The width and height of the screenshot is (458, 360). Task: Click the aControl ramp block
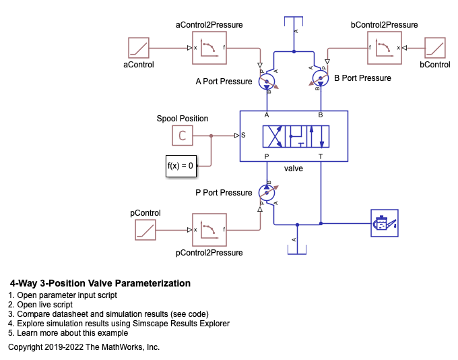point(139,48)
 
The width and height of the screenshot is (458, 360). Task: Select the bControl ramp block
point(435,48)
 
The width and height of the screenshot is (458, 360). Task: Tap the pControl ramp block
point(145,230)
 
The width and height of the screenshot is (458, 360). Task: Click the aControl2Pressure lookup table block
point(209,48)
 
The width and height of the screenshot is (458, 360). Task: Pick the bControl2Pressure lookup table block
point(384,48)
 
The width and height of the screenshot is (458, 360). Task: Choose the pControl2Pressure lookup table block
point(209,230)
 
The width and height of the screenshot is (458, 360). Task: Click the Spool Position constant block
point(183,136)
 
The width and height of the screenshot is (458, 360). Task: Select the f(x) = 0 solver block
point(181,166)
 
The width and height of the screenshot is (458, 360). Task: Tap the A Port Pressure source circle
point(267,82)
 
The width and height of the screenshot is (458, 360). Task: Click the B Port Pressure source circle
point(321,78)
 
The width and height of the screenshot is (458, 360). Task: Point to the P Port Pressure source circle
point(267,193)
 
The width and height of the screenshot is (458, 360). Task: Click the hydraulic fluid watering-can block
point(385,223)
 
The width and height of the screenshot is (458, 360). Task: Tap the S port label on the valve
point(243,135)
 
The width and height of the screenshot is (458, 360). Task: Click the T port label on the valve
point(321,157)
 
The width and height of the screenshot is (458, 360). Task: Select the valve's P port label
point(267,157)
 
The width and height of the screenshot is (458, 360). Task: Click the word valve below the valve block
point(293,169)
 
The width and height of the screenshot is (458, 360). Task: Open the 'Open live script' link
point(44,305)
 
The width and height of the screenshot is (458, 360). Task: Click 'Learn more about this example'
point(73,333)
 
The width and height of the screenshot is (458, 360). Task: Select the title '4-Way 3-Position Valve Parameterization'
point(100,283)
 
